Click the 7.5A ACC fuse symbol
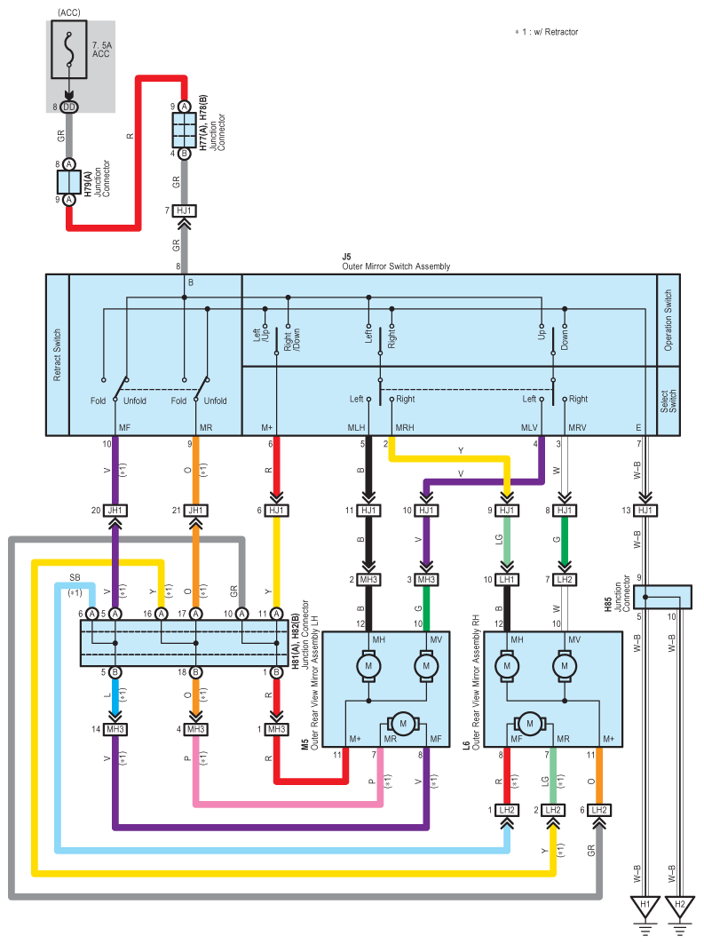coord(69,50)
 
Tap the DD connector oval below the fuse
coord(69,107)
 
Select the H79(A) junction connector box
coord(69,182)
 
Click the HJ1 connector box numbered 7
coord(184,210)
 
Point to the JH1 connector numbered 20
coord(115,511)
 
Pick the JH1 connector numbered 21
coord(195,511)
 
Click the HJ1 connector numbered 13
coord(645,511)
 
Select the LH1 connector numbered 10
coord(507,580)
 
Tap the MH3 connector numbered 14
coord(115,730)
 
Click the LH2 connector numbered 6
coord(598,810)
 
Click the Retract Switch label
coord(57,354)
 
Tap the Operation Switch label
coord(668,321)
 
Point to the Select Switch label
coord(668,401)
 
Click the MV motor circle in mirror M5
coord(426,666)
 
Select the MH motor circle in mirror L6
coord(507,666)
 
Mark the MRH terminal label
coord(404,427)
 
